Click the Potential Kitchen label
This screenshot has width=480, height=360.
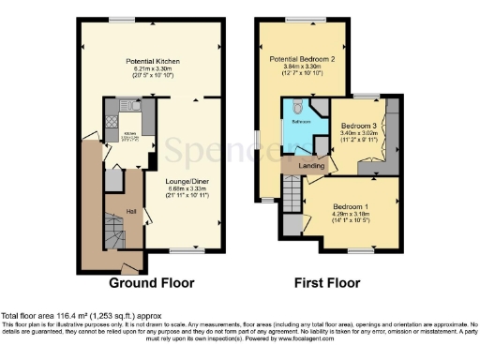(x=153, y=61)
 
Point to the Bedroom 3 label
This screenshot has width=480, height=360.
(x=359, y=126)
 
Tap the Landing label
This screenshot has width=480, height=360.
(x=310, y=167)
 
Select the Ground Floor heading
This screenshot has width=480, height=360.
(x=151, y=281)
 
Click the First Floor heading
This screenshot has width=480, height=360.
(x=327, y=281)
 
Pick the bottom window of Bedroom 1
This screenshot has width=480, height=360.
(x=358, y=250)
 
